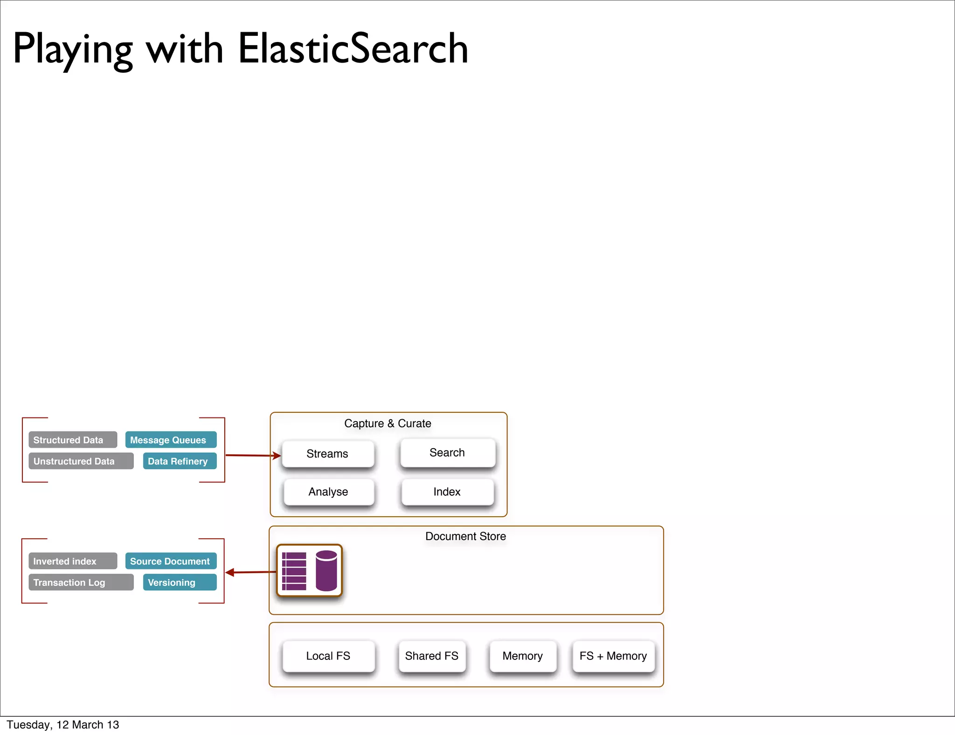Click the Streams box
point(328,454)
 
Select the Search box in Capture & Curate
point(447,453)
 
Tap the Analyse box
point(328,492)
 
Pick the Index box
point(447,492)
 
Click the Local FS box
point(328,656)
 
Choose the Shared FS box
point(432,656)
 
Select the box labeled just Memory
point(523,656)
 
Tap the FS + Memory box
point(613,656)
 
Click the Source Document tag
point(171,561)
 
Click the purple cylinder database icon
point(326,570)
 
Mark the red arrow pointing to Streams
point(252,455)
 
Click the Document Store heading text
point(465,536)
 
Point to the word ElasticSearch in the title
point(353,49)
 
